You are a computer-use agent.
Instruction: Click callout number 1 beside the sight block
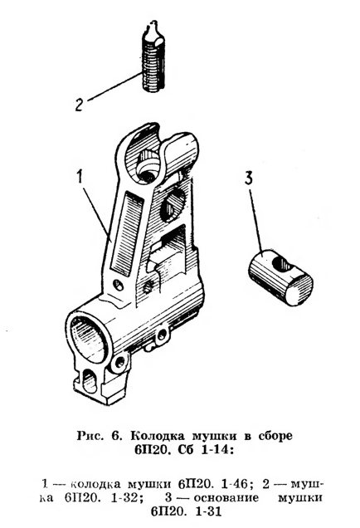(x=80, y=178)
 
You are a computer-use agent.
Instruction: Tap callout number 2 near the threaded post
(x=80, y=105)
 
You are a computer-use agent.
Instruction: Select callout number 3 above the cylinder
(x=248, y=179)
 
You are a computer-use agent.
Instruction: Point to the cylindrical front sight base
(x=280, y=277)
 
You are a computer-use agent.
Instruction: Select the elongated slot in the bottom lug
(x=90, y=380)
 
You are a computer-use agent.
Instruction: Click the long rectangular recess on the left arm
(x=124, y=233)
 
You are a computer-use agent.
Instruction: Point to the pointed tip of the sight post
(x=153, y=22)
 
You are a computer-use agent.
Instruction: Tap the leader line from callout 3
(x=256, y=221)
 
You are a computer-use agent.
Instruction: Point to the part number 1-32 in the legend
(x=124, y=498)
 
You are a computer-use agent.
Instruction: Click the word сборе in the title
(x=275, y=436)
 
